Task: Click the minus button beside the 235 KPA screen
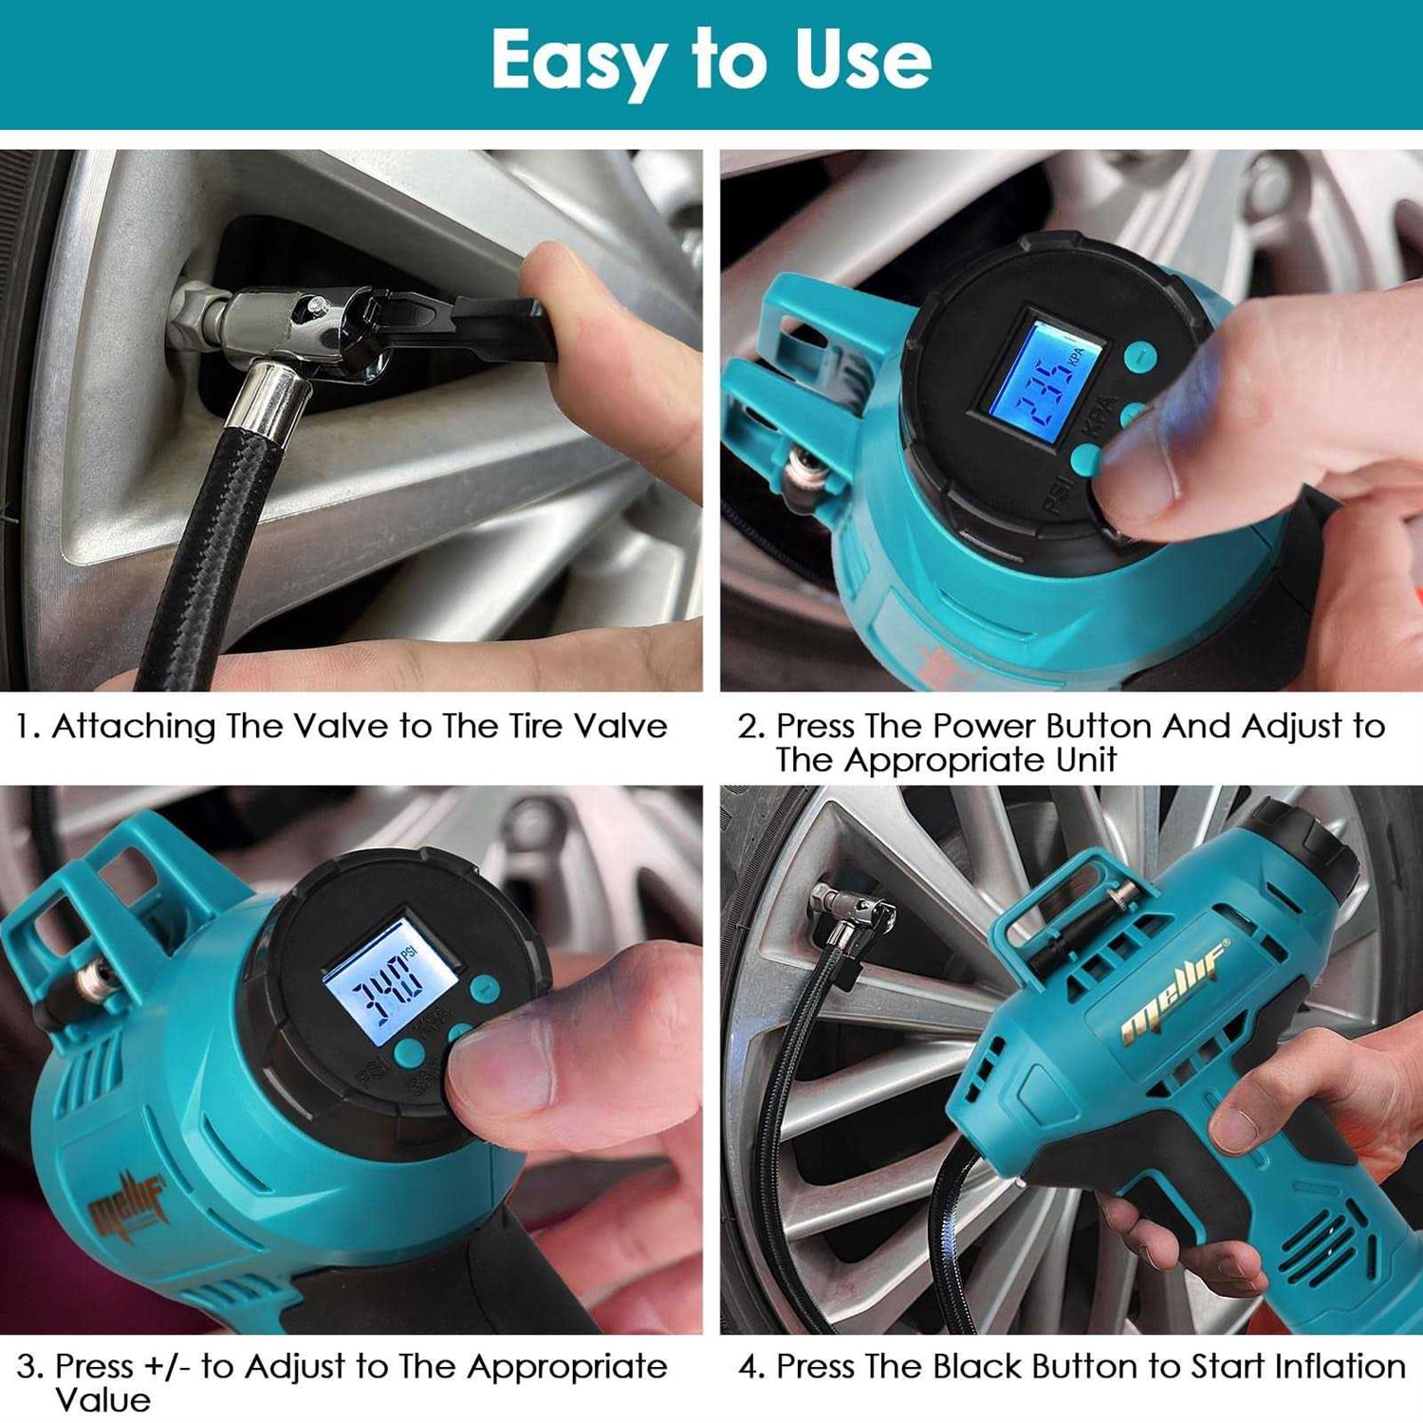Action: click(x=1141, y=356)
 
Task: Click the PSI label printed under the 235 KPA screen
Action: click(x=1057, y=493)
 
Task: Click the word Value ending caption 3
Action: click(x=102, y=1400)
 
